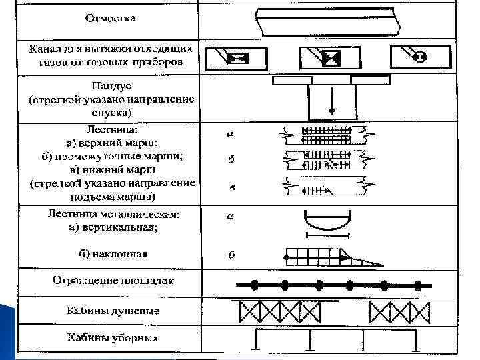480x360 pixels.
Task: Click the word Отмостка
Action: tap(109, 19)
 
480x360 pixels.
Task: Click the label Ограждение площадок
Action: tap(113, 281)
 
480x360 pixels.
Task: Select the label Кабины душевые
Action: tap(113, 311)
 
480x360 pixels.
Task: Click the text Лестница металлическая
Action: tap(114, 215)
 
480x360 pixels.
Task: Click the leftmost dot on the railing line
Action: tap(255, 285)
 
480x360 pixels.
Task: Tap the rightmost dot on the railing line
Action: tap(418, 285)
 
